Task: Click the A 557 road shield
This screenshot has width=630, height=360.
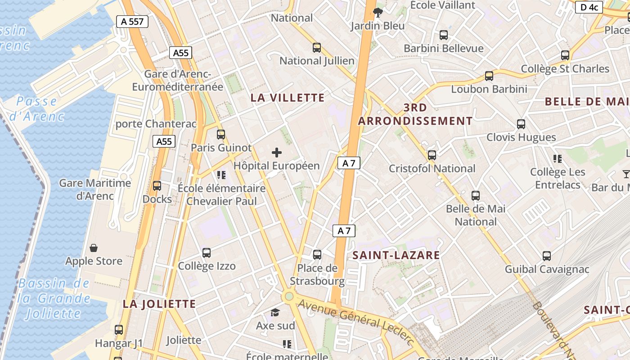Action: click(132, 21)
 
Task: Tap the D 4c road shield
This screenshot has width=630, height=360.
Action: click(589, 7)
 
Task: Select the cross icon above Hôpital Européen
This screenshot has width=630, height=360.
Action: click(277, 153)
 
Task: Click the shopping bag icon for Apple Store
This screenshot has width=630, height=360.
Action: click(94, 248)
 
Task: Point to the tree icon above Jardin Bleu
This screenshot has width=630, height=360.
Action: click(378, 13)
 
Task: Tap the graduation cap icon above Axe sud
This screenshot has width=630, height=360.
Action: click(275, 312)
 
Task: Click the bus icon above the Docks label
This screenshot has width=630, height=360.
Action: click(157, 185)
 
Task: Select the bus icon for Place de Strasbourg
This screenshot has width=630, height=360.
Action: click(317, 255)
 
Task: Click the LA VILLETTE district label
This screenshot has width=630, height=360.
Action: click(288, 98)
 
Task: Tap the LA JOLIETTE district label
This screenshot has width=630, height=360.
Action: click(159, 304)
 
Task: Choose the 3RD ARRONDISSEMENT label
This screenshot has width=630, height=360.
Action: click(415, 114)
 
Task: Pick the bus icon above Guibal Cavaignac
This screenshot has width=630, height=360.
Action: click(547, 256)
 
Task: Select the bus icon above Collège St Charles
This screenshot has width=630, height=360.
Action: click(565, 55)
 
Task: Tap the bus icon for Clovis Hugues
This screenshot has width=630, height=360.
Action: click(521, 124)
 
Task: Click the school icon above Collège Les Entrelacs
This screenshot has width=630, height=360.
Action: click(558, 158)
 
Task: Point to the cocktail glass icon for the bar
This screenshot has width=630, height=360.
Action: click(626, 174)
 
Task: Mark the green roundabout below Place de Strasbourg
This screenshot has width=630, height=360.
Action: click(289, 297)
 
